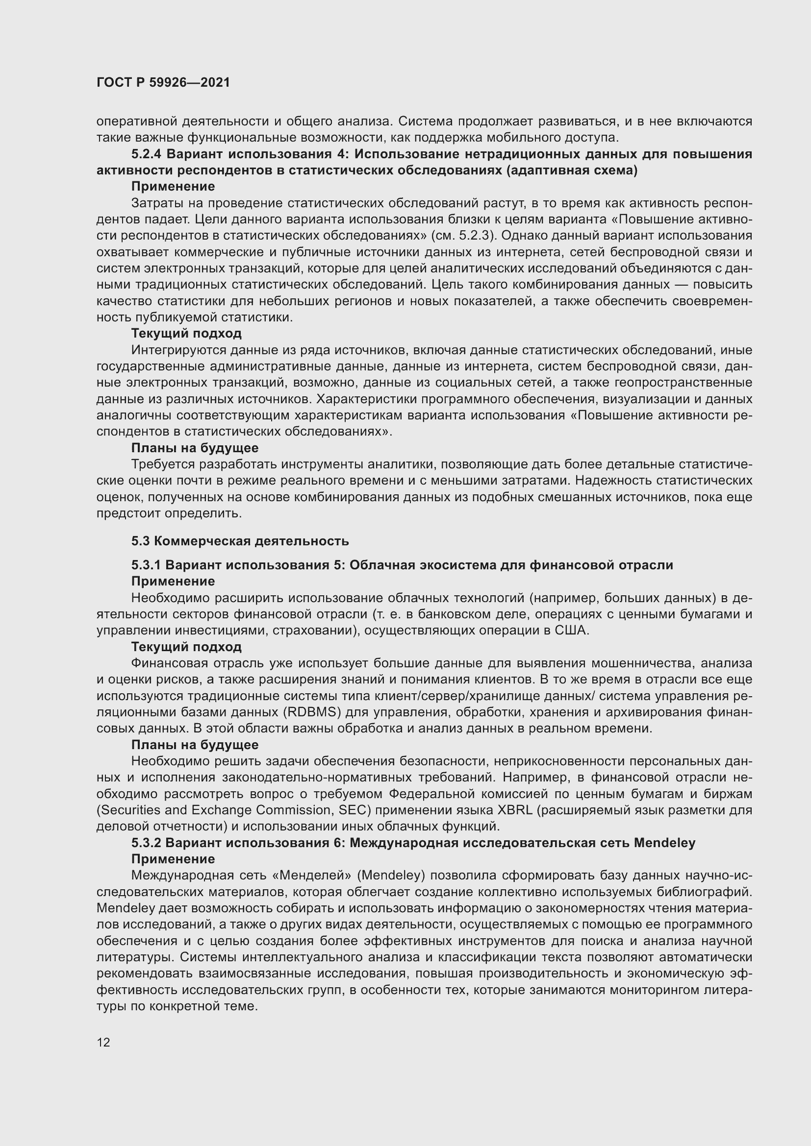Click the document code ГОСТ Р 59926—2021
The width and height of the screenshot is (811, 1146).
point(163,83)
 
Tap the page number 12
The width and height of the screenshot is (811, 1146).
point(103,1042)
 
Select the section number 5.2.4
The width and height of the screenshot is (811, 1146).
point(147,154)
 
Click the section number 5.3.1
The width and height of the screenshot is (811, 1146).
point(146,565)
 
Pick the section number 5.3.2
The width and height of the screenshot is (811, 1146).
point(146,843)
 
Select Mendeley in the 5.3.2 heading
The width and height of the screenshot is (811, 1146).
point(664,843)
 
